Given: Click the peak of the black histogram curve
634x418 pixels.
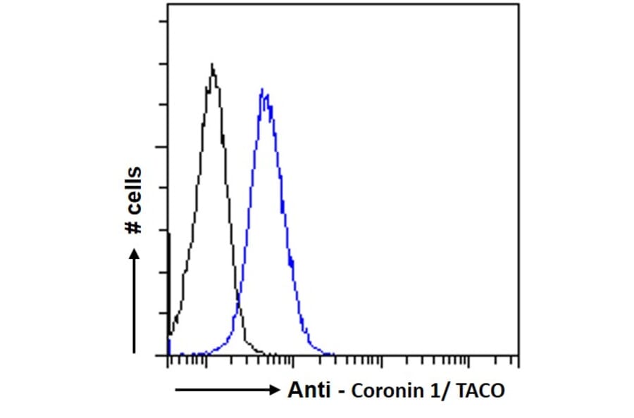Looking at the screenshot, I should [212, 65].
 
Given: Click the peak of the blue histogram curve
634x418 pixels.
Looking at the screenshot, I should [262, 90].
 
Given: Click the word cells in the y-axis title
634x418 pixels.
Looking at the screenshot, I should [133, 191].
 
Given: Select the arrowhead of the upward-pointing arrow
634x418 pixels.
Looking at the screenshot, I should [135, 251].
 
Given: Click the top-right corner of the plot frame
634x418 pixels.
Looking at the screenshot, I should [519, 4].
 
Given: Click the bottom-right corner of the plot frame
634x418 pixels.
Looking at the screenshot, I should [519, 355].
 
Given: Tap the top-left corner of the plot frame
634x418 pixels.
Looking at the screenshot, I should [168, 4].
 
